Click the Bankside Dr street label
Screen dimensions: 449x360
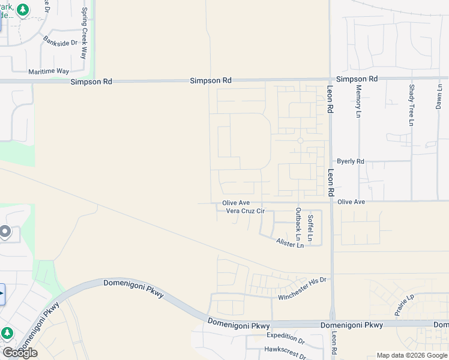(x=61, y=42)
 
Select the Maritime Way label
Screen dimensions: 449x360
(x=49, y=71)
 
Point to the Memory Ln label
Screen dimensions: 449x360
(x=358, y=100)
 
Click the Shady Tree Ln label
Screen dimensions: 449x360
(x=411, y=105)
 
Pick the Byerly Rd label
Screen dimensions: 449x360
(x=351, y=161)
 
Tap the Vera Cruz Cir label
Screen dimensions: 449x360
(x=245, y=211)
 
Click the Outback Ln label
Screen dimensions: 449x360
(x=298, y=221)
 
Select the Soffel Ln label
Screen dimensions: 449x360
(x=310, y=228)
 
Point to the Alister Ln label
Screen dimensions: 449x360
(x=290, y=242)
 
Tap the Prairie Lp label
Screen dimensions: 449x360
(x=402, y=306)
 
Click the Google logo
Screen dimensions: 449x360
(x=20, y=353)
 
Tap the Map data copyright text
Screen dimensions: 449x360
(x=412, y=355)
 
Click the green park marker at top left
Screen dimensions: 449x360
(x=23, y=10)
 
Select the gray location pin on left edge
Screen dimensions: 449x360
(x=5, y=231)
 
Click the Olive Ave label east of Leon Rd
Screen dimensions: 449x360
(x=351, y=202)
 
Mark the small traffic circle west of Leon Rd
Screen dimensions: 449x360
(x=300, y=140)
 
